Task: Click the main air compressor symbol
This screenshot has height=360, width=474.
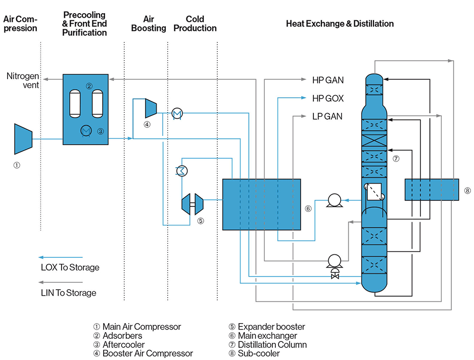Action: [x=22, y=139]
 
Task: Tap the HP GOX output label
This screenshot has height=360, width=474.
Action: [x=327, y=98]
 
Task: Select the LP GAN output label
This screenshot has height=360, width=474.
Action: [x=327, y=116]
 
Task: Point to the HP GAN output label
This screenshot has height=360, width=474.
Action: [x=327, y=80]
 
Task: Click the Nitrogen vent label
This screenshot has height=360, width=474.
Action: [x=23, y=80]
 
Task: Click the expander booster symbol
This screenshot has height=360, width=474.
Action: [x=192, y=204]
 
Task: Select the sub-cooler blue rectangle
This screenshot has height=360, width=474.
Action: [x=431, y=189]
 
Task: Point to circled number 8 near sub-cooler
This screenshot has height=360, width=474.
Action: [x=467, y=191]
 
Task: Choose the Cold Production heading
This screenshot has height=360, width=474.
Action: [x=195, y=24]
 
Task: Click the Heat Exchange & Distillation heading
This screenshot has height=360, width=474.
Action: [x=340, y=24]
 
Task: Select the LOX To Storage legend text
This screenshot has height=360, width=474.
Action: [x=70, y=267]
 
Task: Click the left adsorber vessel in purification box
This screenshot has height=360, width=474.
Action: [x=76, y=103]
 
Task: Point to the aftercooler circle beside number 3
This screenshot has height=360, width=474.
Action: [x=86, y=131]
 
